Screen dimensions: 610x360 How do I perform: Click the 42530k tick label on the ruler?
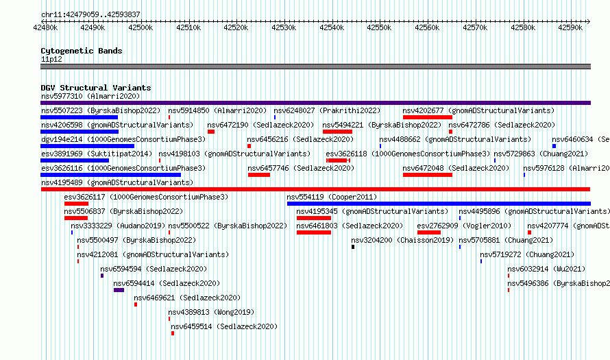pyautogui.click(x=284, y=27)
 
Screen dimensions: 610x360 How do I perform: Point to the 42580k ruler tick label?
pyautogui.click(x=523, y=27)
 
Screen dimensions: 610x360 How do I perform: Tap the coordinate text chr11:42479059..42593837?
pyautogui.click(x=90, y=14)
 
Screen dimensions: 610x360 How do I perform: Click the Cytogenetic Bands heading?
pyautogui.click(x=82, y=51)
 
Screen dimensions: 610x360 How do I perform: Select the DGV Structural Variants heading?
pyautogui.click(x=96, y=88)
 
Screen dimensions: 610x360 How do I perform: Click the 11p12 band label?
pyautogui.click(x=51, y=59)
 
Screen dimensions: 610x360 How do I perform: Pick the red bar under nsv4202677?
pyautogui.click(x=428, y=117)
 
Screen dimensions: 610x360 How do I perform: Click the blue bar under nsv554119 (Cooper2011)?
pyautogui.click(x=439, y=204)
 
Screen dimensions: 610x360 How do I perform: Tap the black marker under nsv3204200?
pyautogui.click(x=353, y=247)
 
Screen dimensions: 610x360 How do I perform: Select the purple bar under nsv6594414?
pyautogui.click(x=119, y=290)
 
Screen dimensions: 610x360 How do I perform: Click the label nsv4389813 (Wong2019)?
pyautogui.click(x=211, y=312)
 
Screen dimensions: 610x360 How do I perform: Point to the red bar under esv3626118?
pyautogui.click(x=339, y=160)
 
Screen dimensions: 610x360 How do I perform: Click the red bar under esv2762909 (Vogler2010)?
pyautogui.click(x=428, y=232)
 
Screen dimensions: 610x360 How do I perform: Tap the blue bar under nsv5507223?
pyautogui.click(x=79, y=117)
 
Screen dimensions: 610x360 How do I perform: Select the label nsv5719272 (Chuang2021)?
pyautogui.click(x=527, y=254)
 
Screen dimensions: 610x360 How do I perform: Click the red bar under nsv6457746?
pyautogui.click(x=259, y=175)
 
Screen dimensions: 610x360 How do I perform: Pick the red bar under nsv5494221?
pyautogui.click(x=337, y=132)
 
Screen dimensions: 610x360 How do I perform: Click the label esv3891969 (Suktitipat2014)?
pyautogui.click(x=97, y=154)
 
